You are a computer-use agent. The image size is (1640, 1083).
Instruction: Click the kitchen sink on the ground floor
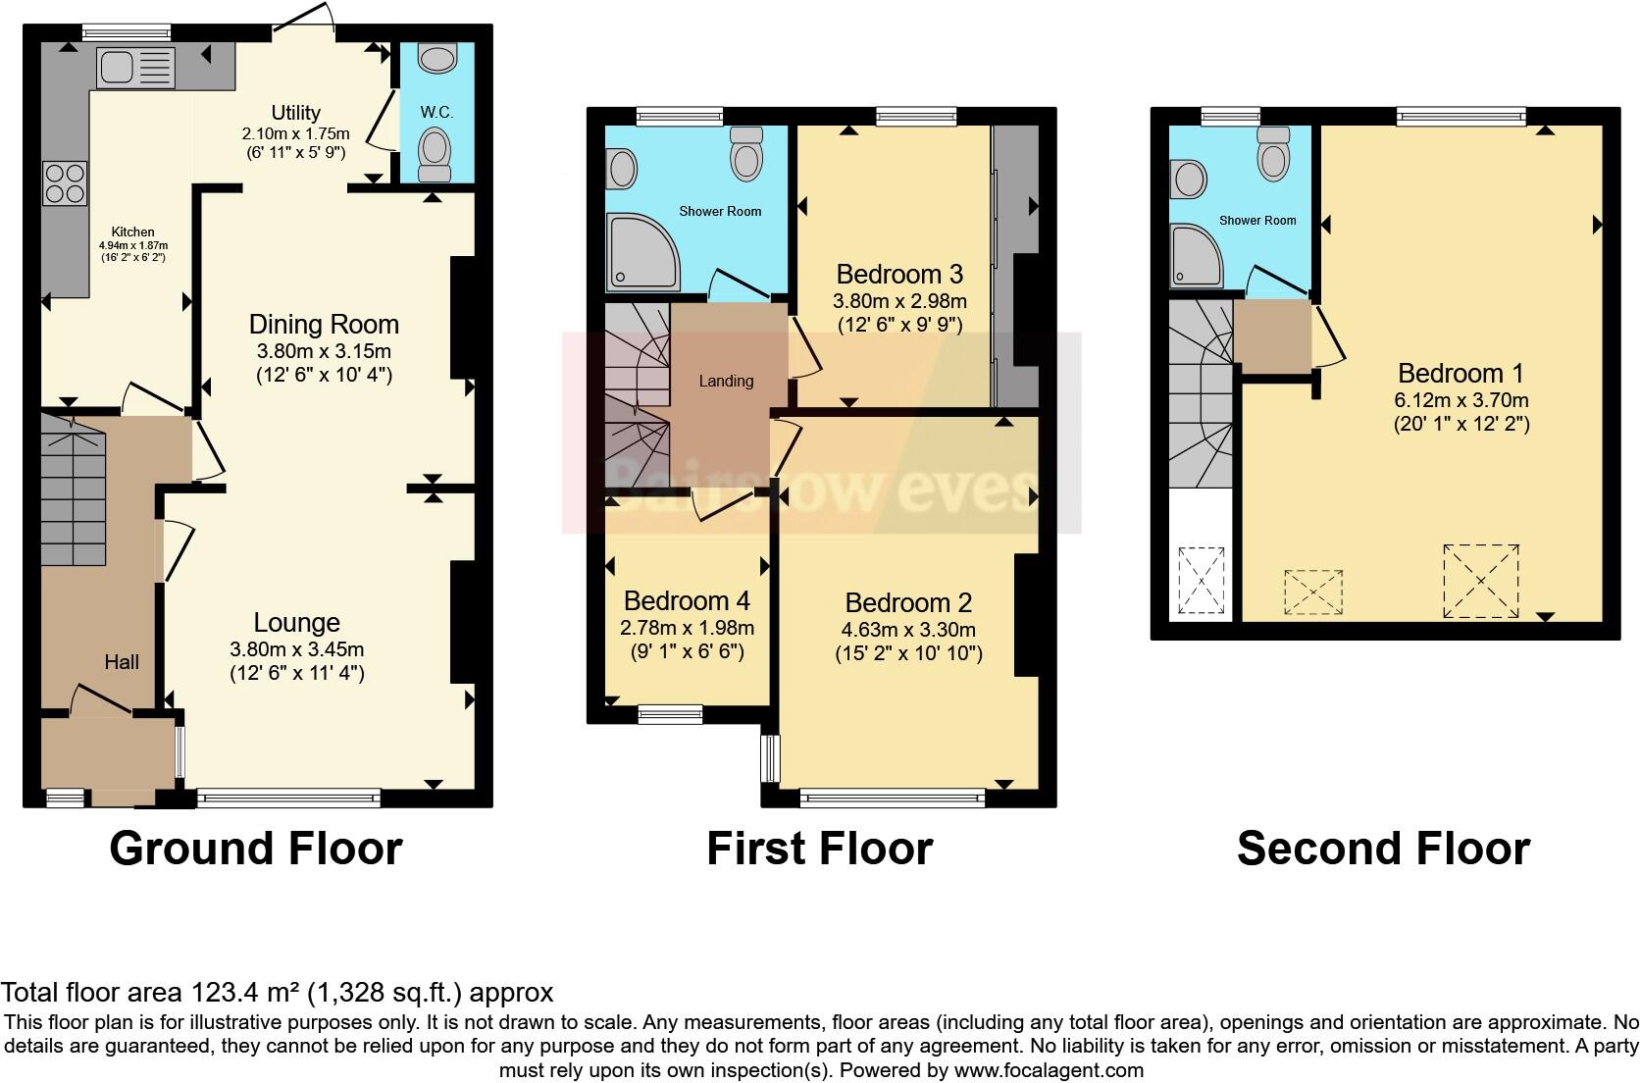pyautogui.click(x=136, y=68)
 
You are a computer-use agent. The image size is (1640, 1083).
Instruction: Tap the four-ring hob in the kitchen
pyautogui.click(x=65, y=183)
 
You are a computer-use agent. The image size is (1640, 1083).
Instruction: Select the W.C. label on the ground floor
pyautogui.click(x=436, y=112)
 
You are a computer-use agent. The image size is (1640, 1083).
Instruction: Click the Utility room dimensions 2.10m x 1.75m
pyautogui.click(x=295, y=133)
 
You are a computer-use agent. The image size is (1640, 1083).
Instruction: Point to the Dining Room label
pyautogui.click(x=324, y=324)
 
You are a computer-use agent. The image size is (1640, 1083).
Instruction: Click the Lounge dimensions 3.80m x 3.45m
pyautogui.click(x=296, y=648)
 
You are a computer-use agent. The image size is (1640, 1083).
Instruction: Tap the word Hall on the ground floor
pyautogui.click(x=122, y=662)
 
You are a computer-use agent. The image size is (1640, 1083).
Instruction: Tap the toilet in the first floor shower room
pyautogui.click(x=746, y=156)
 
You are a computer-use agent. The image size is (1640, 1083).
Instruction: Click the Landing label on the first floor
pyautogui.click(x=726, y=381)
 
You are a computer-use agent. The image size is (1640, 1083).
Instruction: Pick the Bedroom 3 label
pyautogui.click(x=898, y=274)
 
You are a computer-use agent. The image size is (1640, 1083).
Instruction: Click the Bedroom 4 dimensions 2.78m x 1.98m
pyautogui.click(x=687, y=628)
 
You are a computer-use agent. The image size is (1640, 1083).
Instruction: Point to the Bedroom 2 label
pyautogui.click(x=908, y=602)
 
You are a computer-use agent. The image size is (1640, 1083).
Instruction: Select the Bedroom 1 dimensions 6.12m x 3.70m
pyautogui.click(x=1461, y=399)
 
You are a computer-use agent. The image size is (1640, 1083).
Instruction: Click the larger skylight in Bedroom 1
pyautogui.click(x=1480, y=581)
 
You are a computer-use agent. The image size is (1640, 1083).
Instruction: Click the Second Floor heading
pyautogui.click(x=1383, y=849)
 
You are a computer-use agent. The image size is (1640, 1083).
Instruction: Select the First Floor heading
pyautogui.click(x=819, y=849)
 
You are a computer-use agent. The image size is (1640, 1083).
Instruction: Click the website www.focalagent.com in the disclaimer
pyautogui.click(x=1049, y=1070)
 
